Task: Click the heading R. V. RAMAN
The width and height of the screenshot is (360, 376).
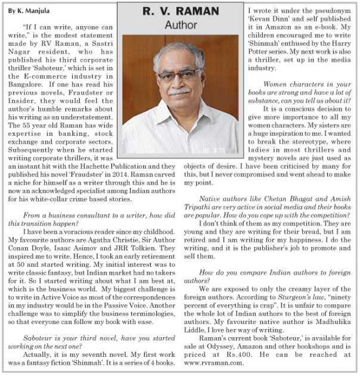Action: (x=180, y=11)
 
